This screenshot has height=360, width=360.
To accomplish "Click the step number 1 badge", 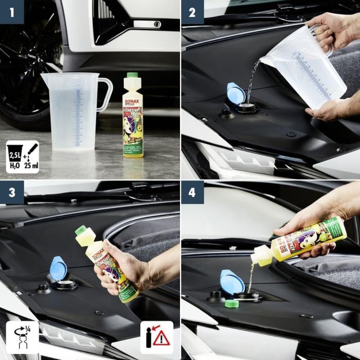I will click(x=11, y=11).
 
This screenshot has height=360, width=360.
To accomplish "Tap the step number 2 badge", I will click(x=192, y=11).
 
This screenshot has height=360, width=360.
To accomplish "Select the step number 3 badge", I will click(x=11, y=192).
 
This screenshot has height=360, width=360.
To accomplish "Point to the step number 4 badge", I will click(x=192, y=192).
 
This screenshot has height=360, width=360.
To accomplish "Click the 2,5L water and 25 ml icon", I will click(x=22, y=157).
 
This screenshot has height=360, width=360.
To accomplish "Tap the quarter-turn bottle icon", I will click(x=22, y=337).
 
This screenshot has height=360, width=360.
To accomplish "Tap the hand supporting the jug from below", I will click(x=327, y=109).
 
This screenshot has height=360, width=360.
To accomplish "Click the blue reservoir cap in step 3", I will click(x=58, y=268).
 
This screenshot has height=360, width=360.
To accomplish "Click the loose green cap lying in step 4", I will click(x=231, y=303).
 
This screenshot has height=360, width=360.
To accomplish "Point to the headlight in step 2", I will click(x=242, y=159).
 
